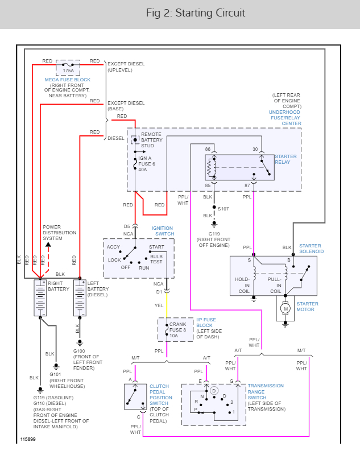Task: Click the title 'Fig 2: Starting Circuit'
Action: [180, 13]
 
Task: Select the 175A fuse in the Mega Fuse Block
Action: [68, 67]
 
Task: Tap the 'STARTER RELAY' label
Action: [286, 159]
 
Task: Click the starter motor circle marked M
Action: [286, 308]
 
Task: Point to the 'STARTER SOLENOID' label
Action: [311, 248]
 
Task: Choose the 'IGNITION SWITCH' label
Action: [162, 231]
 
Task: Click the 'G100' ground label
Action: [80, 351]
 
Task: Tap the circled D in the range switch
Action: [214, 391]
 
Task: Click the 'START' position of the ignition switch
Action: [157, 247]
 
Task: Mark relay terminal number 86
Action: [208, 149]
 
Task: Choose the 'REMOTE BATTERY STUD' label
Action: [152, 140]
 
